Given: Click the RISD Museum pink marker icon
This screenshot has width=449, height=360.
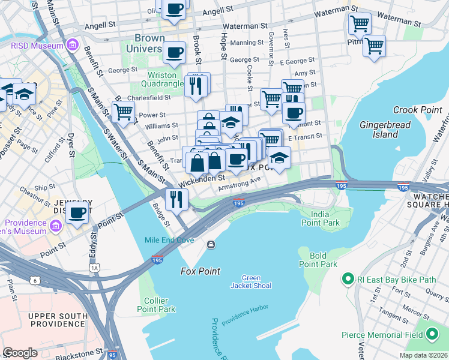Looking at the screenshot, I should pos(73,46).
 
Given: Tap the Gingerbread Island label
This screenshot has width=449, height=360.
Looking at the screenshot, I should pos(379,130).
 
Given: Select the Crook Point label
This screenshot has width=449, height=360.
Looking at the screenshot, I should pos(417,110).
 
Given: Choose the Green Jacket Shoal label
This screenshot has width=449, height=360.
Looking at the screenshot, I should pos(251,281).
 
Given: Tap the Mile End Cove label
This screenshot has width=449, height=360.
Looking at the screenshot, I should pos(169,240).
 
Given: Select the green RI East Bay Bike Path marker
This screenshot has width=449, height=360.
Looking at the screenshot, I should pos(346,279).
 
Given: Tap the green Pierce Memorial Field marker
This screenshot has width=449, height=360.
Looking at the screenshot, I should pos(432,334).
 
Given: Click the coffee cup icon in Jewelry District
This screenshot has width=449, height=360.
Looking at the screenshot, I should pos(77,212).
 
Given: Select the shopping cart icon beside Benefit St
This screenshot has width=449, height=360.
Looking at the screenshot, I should pos(123,111).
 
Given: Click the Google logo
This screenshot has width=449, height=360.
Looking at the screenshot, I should pos(20,352).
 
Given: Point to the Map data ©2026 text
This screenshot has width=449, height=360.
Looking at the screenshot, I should pos(424,355).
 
